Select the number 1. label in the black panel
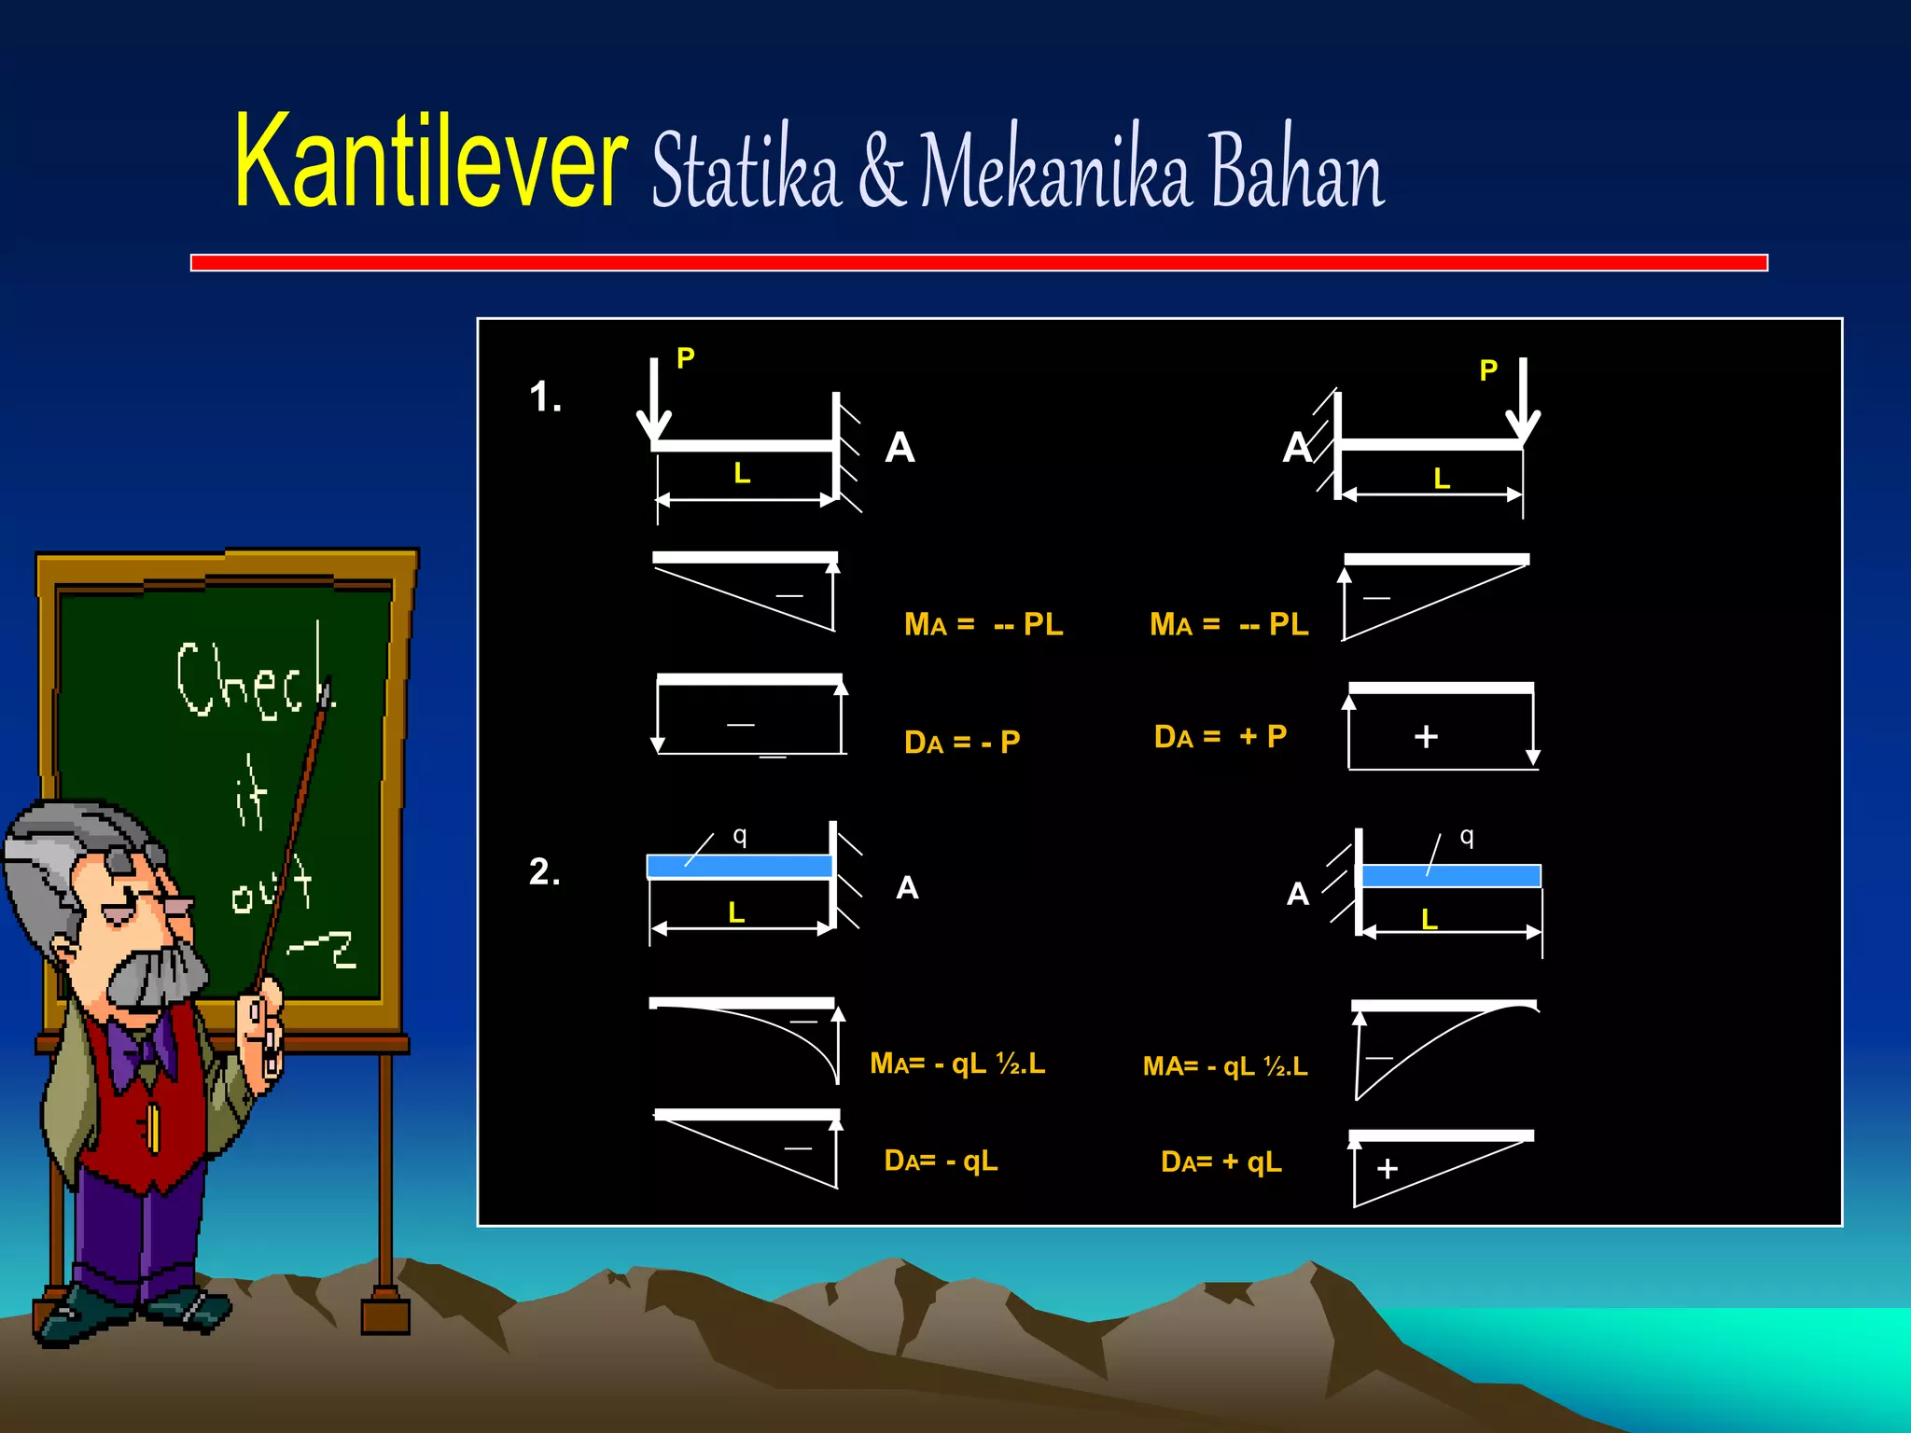pyautogui.click(x=546, y=397)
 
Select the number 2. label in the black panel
pyautogui.click(x=545, y=872)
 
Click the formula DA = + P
pyautogui.click(x=1221, y=737)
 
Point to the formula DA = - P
pyautogui.click(x=962, y=743)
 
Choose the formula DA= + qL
pyautogui.click(x=1221, y=1162)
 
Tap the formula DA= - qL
pyautogui.click(x=942, y=1161)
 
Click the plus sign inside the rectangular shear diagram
pyautogui.click(x=1426, y=737)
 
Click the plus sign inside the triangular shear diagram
pyautogui.click(x=1388, y=1169)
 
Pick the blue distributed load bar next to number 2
pyautogui.click(x=739, y=867)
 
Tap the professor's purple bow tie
pyautogui.click(x=140, y=1050)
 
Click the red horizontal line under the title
pyautogui.click(x=979, y=263)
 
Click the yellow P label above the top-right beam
pyautogui.click(x=1488, y=371)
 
